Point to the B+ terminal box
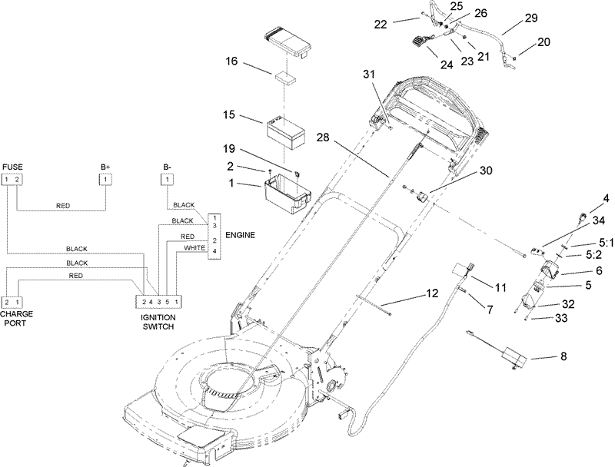[105, 180]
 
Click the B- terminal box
[167, 180]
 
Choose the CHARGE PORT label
[16, 319]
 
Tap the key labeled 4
[581, 217]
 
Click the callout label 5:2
[595, 254]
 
